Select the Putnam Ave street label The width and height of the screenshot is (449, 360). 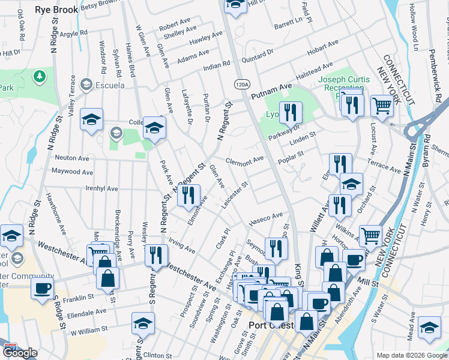click(271, 91)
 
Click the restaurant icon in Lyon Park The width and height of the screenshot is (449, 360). click(291, 112)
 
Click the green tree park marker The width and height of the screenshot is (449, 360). click(40, 77)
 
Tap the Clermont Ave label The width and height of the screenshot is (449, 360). click(245, 160)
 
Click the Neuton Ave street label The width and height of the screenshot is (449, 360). click(72, 158)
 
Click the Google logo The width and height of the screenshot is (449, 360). click(19, 353)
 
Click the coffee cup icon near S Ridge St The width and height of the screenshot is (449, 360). click(41, 288)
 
